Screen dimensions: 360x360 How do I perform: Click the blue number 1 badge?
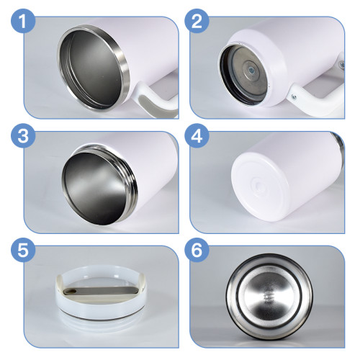point(23,23)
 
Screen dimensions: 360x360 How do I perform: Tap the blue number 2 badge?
point(196,23)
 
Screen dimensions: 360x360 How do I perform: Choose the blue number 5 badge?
point(23,251)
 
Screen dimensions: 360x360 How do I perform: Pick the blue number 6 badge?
point(196,251)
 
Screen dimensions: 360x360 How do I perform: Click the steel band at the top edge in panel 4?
point(335,136)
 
